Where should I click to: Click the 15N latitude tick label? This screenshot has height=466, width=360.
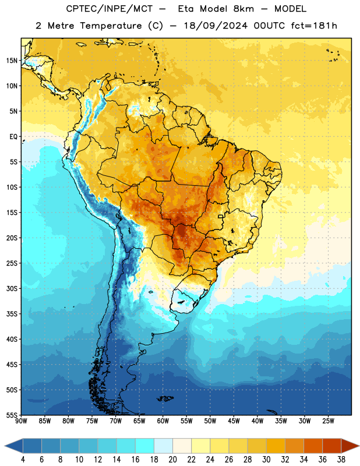coord(12,61)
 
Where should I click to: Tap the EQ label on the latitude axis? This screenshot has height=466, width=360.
coord(13,137)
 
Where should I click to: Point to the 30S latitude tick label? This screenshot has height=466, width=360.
coord(12,288)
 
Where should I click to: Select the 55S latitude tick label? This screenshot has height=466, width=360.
coord(12,415)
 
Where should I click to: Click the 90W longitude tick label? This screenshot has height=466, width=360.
coord(21,421)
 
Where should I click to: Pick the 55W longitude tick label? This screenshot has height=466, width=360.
coord(186,421)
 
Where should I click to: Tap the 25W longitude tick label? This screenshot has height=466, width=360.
coord(328,421)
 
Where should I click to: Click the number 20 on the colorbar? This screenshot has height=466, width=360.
coord(172,460)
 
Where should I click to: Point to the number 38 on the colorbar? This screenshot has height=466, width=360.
coord(341,460)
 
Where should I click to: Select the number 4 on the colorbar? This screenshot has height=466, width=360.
coord(23,460)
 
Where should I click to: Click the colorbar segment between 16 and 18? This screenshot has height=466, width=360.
coord(144,446)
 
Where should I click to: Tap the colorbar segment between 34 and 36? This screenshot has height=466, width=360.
coord(313,446)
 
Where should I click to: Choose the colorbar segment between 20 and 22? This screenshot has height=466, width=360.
coord(182,446)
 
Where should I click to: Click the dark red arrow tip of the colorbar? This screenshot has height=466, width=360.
coord(350,446)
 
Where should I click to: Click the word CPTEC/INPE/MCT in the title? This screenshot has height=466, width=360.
coord(109,9)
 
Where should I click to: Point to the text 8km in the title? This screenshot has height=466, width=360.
coord(243,9)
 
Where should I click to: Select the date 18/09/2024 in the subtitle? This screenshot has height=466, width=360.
coord(216,26)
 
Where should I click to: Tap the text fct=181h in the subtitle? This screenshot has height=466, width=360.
coord(314,26)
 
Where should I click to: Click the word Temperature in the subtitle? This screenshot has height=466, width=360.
coord(111,26)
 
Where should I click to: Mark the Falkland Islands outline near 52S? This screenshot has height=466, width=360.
coord(165,398)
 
